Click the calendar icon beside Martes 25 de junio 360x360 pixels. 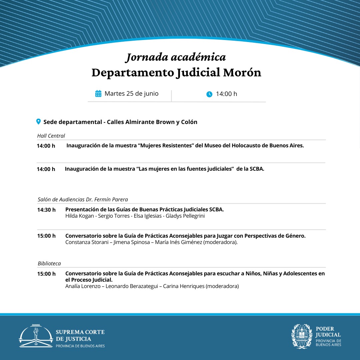[98, 94]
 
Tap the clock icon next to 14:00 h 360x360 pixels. [209, 94]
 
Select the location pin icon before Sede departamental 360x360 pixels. [38, 122]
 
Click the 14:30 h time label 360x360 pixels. [46, 210]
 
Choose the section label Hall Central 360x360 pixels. [51, 136]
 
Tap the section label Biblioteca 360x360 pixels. [49, 263]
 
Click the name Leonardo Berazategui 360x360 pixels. [132, 286]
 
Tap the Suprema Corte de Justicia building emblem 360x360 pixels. [36, 336]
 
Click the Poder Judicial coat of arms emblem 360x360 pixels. [302, 336]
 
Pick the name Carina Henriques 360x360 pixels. [184, 286]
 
